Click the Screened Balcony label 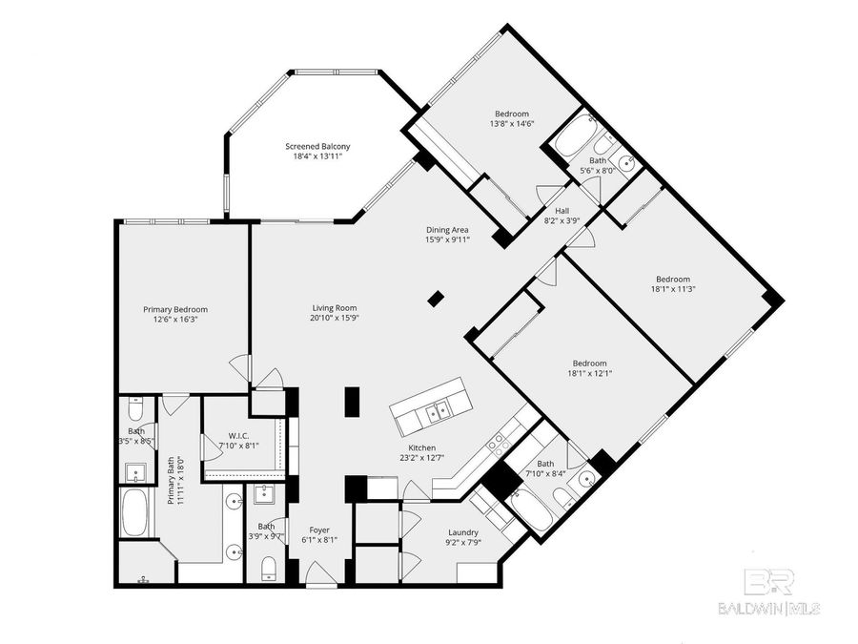pos(317,146)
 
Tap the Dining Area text pos(446,230)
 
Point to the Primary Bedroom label pos(175,309)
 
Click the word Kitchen pos(422,447)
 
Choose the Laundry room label pos(463,532)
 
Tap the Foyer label pos(318,530)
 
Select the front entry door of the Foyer pos(318,574)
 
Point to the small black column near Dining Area pos(436,299)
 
